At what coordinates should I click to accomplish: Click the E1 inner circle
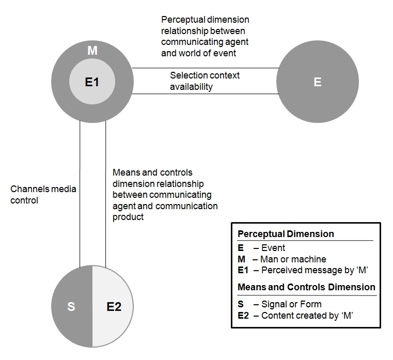[x=92, y=82]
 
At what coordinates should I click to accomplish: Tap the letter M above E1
[x=92, y=51]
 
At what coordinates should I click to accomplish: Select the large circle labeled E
[x=318, y=82]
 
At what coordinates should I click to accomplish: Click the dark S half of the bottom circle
[x=72, y=306]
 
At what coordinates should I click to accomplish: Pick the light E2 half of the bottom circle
[x=113, y=306]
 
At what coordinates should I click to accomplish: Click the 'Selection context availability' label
[x=205, y=81]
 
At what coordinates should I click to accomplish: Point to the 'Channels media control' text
[x=43, y=195]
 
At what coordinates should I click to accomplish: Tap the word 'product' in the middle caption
[x=128, y=217]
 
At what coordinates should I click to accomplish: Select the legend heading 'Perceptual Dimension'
[x=286, y=233]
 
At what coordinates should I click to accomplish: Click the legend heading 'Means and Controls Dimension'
[x=306, y=287]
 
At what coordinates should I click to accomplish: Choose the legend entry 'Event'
[x=273, y=248]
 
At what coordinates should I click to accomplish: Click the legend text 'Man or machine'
[x=293, y=259]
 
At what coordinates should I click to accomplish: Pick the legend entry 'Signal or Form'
[x=291, y=304]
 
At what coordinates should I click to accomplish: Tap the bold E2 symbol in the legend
[x=243, y=316]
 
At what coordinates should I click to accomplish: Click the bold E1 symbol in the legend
[x=243, y=270]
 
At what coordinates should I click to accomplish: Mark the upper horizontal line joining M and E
[x=205, y=68]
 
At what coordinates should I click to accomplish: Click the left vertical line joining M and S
[x=80, y=194]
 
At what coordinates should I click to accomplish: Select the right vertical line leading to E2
[x=105, y=194]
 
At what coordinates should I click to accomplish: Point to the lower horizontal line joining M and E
[x=205, y=94]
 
